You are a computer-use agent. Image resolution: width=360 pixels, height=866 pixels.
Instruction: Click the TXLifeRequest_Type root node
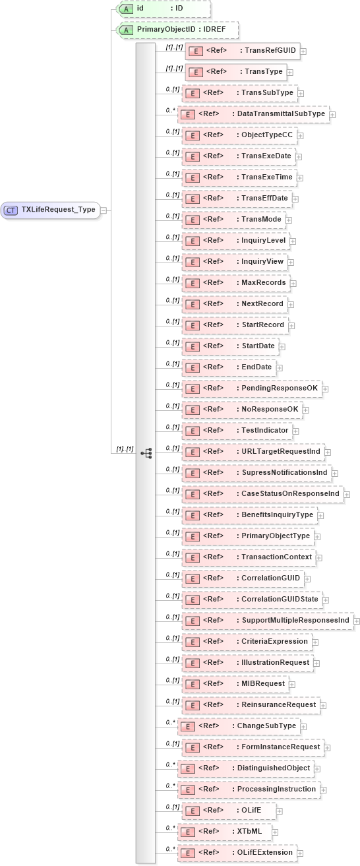[x=51, y=210]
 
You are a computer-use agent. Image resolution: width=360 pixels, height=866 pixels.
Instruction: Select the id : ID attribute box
[x=163, y=9]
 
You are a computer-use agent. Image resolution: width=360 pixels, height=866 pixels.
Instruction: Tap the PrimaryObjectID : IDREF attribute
[x=176, y=30]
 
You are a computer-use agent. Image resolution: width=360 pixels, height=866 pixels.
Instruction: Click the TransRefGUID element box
[x=242, y=50]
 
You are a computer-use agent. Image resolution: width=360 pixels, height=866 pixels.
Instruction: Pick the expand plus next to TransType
[x=290, y=72]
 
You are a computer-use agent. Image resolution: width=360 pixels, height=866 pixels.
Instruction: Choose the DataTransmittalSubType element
[x=253, y=114]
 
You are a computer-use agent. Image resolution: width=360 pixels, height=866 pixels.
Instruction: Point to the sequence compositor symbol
[x=146, y=452]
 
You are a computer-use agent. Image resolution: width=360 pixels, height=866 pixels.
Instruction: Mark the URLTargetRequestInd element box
[x=253, y=452]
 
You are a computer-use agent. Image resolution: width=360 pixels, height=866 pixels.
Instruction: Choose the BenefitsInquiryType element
[x=249, y=515]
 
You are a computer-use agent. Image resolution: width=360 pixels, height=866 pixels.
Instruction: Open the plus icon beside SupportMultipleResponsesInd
[x=357, y=621]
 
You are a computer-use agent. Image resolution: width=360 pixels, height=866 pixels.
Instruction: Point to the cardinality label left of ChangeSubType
[x=171, y=722]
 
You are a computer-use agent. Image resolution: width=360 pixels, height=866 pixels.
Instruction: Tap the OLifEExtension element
[x=237, y=853]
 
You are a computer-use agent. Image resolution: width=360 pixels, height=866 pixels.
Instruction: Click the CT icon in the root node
[x=11, y=210]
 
